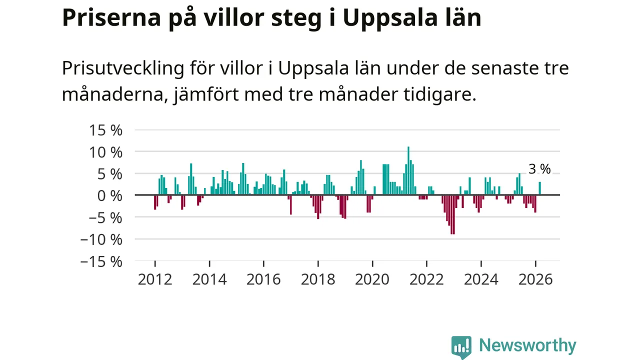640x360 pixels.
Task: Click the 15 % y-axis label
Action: pyautogui.click(x=105, y=130)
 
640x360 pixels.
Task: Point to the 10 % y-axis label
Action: pyautogui.click(x=105, y=152)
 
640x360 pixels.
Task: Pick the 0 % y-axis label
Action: pyautogui.click(x=109, y=195)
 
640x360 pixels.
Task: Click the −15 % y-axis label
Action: pyautogui.click(x=101, y=261)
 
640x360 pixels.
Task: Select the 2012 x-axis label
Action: pyautogui.click(x=155, y=279)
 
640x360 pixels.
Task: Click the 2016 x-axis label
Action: pyautogui.click(x=263, y=279)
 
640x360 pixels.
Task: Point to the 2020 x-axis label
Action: pyautogui.click(x=372, y=279)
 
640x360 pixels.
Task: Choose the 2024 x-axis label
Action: pyautogui.click(x=481, y=279)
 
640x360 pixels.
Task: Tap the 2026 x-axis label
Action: pyautogui.click(x=535, y=279)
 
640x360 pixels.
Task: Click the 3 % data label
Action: pyautogui.click(x=539, y=169)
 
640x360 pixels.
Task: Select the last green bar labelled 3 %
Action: pyautogui.click(x=539, y=188)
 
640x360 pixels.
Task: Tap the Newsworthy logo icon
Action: pyautogui.click(x=461, y=346)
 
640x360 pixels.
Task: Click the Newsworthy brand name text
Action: pyautogui.click(x=527, y=345)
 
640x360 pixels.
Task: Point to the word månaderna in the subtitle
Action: pyautogui.click(x=113, y=94)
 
